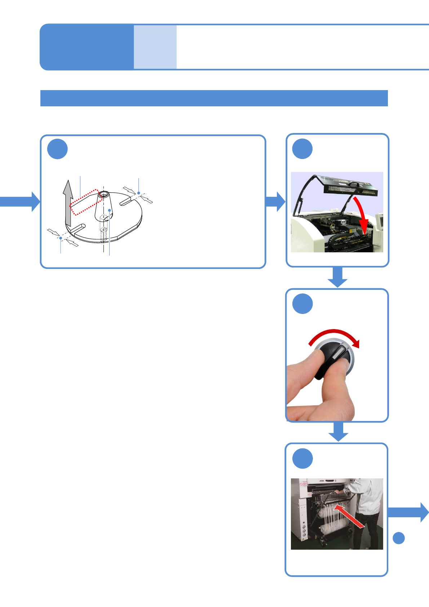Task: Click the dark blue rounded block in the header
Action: coord(87,47)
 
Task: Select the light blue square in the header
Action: coord(155,47)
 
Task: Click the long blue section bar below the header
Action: coord(214,98)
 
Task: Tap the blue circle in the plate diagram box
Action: coord(58,149)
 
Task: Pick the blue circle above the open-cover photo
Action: coord(302,149)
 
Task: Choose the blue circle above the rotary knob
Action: coord(302,304)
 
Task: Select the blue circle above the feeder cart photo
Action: coord(302,458)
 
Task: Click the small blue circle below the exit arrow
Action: coord(398,538)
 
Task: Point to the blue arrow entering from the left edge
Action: coord(20,201)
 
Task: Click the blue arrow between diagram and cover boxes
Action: coord(275,201)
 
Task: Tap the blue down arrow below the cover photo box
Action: coord(337,277)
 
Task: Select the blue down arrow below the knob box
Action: coord(338,431)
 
